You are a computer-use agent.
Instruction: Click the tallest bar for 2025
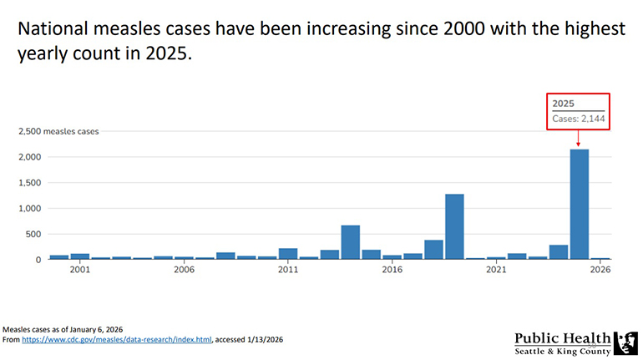[x=580, y=205]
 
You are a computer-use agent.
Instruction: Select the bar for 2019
[x=454, y=227]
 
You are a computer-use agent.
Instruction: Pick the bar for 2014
[x=351, y=242]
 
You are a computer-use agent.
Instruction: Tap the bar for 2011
[x=288, y=254]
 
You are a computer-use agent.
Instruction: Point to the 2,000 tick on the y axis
[x=29, y=157]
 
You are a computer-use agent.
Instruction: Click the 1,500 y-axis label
[x=29, y=183]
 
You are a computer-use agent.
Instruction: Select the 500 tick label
[x=33, y=234]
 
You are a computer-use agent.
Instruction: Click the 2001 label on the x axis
[x=80, y=271]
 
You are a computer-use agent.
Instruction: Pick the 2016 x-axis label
[x=392, y=271]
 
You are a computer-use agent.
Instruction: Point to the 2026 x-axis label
[x=600, y=271]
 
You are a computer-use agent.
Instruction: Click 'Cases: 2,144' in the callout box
[x=579, y=120]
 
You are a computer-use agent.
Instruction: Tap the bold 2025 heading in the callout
[x=564, y=103]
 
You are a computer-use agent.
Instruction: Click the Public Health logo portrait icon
[x=625, y=342]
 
